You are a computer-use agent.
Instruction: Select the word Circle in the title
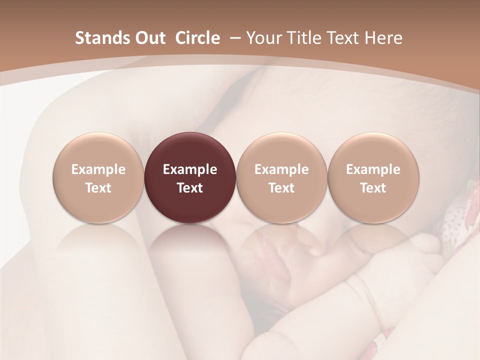coord(197,38)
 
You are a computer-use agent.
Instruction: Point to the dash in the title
coord(233,38)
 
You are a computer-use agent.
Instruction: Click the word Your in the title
coord(263,38)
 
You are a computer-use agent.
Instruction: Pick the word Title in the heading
coord(300,38)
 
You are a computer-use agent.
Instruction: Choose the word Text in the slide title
coord(341,38)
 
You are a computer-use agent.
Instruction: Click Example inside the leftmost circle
coord(98,169)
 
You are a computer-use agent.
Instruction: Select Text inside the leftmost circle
coord(98,188)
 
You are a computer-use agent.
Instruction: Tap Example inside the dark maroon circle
coord(190,169)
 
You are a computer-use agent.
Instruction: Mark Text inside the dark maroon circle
coord(190,188)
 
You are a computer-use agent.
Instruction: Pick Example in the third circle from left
coord(281,169)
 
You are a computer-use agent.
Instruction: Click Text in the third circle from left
coord(281,188)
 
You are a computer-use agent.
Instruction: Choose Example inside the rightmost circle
coord(373,169)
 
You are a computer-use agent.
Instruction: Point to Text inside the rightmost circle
coord(373,188)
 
